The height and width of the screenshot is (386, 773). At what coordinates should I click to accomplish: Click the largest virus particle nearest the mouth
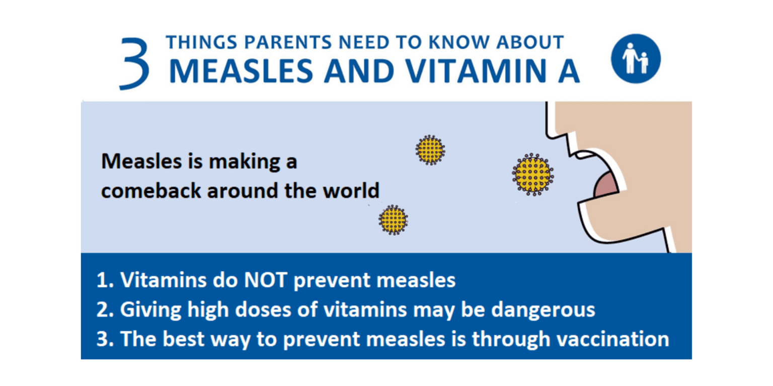[532, 174]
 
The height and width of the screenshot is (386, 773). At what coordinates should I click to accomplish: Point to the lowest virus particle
[393, 220]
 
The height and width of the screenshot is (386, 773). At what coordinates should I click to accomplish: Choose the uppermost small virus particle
[430, 150]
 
